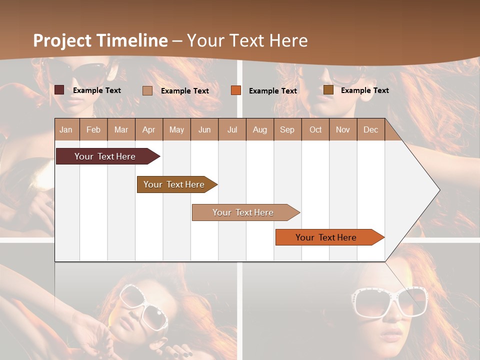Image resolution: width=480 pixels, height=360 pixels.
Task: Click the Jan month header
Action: [66, 130]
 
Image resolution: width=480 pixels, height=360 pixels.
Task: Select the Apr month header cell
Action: [148, 130]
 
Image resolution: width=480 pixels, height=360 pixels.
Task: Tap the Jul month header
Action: [232, 130]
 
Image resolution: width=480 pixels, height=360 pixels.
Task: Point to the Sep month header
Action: [287, 130]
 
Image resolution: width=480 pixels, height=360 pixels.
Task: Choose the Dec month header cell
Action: [370, 130]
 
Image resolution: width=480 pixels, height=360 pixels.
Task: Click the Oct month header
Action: [315, 130]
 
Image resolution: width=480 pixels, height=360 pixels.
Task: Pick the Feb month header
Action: [93, 130]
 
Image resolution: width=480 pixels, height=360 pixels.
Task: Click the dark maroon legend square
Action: [59, 90]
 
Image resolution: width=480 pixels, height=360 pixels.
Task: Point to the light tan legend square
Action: [147, 90]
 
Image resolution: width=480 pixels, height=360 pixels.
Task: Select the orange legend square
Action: [236, 90]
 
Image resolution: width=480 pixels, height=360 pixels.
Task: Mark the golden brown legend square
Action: [328, 90]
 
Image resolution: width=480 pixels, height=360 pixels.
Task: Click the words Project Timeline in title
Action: [100, 40]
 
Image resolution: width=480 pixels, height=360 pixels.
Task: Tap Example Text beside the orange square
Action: [272, 91]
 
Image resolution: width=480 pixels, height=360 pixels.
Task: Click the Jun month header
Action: [204, 130]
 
